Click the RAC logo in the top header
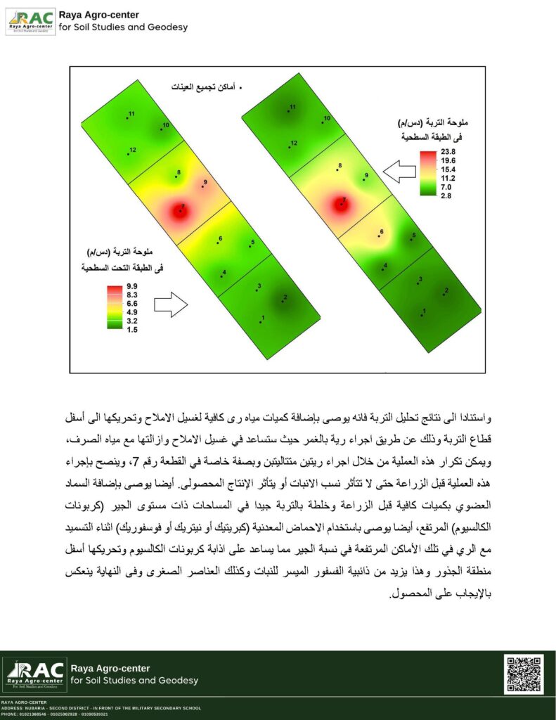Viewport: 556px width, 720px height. (x=30, y=22)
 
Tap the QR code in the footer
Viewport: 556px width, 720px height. (x=524, y=674)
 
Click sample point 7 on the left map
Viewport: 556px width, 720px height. (x=180, y=210)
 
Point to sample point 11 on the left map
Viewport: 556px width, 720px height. (x=127, y=117)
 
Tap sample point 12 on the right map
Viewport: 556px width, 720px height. (x=290, y=146)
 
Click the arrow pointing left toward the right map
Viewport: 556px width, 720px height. (x=398, y=171)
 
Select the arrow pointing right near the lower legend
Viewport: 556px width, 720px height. (x=171, y=304)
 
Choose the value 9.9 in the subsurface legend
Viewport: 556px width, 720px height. (x=132, y=287)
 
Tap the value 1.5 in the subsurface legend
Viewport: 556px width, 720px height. (x=132, y=329)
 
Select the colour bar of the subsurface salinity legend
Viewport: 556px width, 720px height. (x=115, y=307)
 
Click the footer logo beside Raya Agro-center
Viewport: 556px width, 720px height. (x=35, y=674)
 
